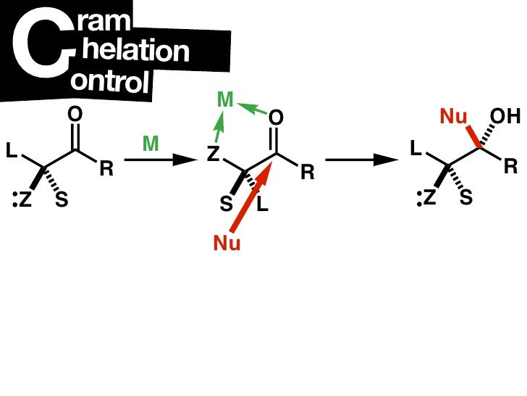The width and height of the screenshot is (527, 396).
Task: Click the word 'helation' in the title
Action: [x=135, y=51]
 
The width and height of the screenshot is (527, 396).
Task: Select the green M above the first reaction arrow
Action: [x=150, y=144]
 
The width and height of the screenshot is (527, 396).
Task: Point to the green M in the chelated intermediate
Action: [x=225, y=102]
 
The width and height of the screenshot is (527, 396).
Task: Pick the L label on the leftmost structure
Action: [x=11, y=151]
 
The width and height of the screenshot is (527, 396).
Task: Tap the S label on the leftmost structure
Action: [x=62, y=200]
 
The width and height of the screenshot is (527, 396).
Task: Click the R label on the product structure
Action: [x=511, y=166]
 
